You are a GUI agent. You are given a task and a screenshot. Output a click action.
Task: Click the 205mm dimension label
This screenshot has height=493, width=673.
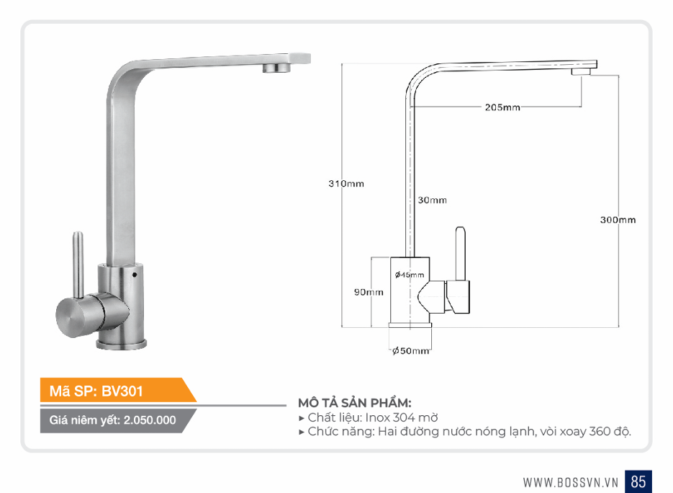pos(502,107)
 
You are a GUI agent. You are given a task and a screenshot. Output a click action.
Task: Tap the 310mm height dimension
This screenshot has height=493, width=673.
pos(346,184)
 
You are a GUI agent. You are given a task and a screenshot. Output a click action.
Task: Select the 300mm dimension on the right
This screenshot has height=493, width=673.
pos(618,220)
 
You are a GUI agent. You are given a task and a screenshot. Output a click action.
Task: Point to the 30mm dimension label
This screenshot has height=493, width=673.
pos(432,200)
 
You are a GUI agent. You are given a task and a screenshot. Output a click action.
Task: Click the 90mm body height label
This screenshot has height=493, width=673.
pos(369,293)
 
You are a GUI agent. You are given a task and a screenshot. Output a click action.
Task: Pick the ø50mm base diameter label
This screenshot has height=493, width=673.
pos(411,351)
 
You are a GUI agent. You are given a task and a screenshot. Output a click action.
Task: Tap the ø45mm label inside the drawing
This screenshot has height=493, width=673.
pos(410,275)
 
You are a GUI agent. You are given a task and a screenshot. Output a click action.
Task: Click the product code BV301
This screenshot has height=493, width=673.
pos(122,391)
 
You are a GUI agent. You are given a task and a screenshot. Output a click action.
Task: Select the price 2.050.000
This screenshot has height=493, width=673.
pos(150,420)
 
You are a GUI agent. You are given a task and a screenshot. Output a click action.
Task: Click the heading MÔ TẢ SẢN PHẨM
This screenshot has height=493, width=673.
pos(355,403)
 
